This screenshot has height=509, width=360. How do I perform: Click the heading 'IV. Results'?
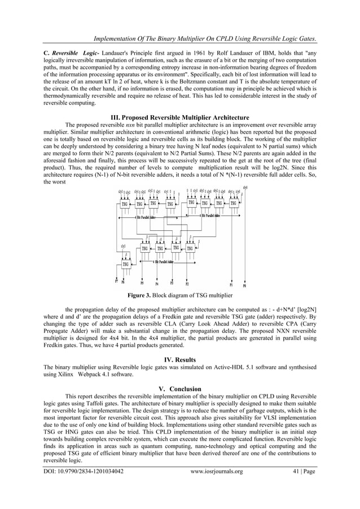point(179,359)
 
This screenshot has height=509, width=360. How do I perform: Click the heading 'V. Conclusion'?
point(179,388)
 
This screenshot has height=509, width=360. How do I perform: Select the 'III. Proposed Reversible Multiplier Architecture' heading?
point(179,117)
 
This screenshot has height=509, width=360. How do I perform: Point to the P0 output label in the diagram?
point(244,286)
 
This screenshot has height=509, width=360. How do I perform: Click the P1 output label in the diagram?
point(231,285)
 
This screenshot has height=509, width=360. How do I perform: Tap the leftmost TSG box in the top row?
point(124,204)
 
